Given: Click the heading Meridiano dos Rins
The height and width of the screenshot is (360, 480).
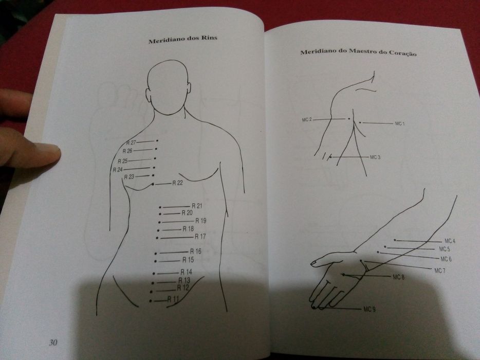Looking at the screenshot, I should click(182, 41).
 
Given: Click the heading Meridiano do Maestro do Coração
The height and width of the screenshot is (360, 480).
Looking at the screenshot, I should click(358, 52).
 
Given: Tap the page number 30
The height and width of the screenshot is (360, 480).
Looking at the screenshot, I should click(53, 343).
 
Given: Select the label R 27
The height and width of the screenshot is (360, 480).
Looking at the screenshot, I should click(131, 142).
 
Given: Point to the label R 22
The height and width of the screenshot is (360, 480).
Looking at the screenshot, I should click(177, 183).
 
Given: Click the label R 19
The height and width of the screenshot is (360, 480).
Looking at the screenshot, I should click(200, 221).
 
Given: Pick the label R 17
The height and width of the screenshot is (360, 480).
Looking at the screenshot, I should click(200, 237).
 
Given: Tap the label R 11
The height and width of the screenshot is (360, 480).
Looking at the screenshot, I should click(173, 299).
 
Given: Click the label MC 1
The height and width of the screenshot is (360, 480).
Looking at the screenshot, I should click(400, 123).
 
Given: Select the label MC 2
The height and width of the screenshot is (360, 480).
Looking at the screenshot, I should click(307, 120).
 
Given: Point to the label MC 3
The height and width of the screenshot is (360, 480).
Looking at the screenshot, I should click(375, 157).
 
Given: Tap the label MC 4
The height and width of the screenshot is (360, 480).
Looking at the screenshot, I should click(450, 241).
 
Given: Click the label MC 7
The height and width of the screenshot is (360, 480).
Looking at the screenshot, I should click(439, 271).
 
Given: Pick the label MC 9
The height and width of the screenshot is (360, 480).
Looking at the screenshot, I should click(369, 309).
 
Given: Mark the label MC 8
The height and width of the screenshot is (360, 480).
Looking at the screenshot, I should click(399, 277).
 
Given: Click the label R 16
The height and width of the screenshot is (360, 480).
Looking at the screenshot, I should click(195, 251).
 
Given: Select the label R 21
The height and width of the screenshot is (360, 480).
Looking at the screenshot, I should click(197, 206).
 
